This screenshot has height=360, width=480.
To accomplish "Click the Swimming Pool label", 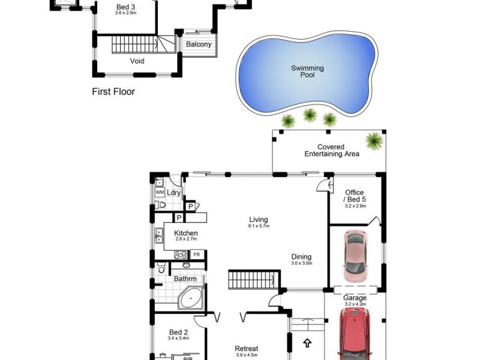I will click(x=307, y=71).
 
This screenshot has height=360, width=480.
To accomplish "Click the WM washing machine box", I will click(x=160, y=192).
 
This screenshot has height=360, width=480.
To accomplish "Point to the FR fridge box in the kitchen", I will click(x=196, y=254).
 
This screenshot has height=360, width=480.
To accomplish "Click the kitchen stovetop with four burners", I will click(x=180, y=254).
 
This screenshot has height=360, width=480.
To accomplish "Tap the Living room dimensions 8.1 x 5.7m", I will click(x=259, y=226).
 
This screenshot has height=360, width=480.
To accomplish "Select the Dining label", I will click(x=301, y=256).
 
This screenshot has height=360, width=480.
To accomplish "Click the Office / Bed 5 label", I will click(x=354, y=196).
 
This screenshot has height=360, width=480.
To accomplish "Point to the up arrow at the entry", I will click(x=307, y=344).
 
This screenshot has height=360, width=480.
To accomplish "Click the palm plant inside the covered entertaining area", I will click(x=374, y=142).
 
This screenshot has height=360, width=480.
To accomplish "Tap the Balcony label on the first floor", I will click(x=199, y=44).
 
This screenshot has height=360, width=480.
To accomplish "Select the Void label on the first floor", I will click(x=137, y=61).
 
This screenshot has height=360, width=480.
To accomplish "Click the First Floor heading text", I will click(x=113, y=92).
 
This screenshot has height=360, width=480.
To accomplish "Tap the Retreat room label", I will click(x=247, y=349).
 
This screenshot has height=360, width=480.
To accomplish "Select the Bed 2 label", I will click(x=179, y=332).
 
